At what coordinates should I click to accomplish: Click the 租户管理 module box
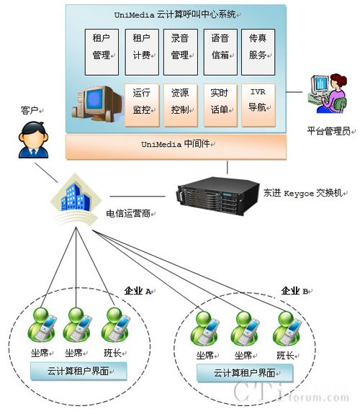click(102, 52)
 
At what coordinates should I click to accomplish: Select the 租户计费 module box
click(142, 52)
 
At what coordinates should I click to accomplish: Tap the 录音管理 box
click(181, 52)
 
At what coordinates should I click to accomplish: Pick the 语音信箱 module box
click(220, 52)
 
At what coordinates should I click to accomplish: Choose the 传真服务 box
click(258, 52)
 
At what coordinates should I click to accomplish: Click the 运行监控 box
click(142, 105)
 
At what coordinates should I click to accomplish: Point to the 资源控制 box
click(181, 105)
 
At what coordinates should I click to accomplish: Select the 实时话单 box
click(220, 105)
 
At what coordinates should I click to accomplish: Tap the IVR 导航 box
click(258, 105)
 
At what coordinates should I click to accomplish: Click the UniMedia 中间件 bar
click(176, 147)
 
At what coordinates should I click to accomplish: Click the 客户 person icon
click(33, 140)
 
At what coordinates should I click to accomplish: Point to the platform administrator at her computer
click(328, 94)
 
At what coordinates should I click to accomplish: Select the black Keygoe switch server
click(218, 196)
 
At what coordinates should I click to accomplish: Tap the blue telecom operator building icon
click(76, 197)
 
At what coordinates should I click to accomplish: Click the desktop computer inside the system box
click(97, 104)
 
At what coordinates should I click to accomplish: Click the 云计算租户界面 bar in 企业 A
click(78, 371)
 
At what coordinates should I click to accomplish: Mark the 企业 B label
click(295, 291)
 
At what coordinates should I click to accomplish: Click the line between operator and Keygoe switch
click(138, 197)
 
